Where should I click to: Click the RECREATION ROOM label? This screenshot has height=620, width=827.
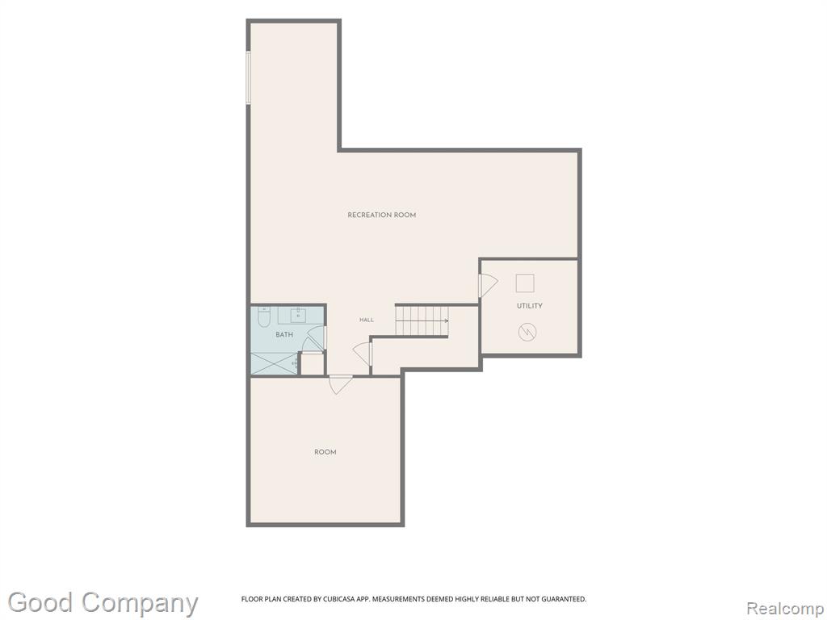tap(381, 215)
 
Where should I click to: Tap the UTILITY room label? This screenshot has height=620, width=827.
tap(530, 306)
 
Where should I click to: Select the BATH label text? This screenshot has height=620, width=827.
tap(284, 335)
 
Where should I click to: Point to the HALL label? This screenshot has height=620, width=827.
tap(367, 320)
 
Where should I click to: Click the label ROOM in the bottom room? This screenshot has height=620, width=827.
tap(325, 452)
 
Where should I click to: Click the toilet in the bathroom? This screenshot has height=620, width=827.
tap(264, 316)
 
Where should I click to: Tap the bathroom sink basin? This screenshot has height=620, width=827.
tap(298, 316)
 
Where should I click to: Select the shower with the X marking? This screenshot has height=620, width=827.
tap(274, 364)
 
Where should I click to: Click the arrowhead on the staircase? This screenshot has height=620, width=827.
tap(446, 320)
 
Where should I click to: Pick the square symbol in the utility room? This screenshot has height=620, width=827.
tap(525, 283)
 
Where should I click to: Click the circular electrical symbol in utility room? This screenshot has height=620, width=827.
tap(527, 332)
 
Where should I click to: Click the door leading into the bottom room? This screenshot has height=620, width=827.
tap(340, 384)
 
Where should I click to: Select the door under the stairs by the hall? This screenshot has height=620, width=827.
tap(363, 354)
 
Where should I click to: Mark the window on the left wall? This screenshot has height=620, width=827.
tap(248, 77)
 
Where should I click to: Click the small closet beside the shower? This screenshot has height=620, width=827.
tap(312, 364)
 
